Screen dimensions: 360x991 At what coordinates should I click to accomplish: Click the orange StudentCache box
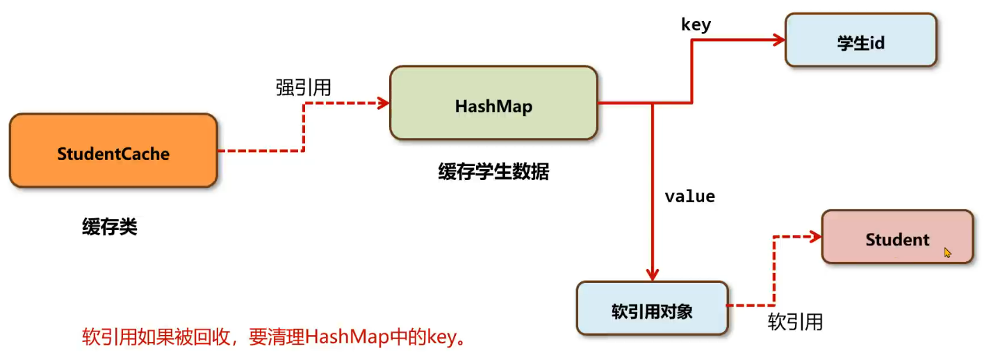pyautogui.click(x=113, y=151)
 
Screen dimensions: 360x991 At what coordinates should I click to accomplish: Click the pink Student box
pyautogui.click(x=896, y=237)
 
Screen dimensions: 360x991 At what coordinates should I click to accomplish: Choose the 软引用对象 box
pyautogui.click(x=652, y=308)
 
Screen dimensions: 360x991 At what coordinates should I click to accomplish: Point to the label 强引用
pyautogui.click(x=303, y=88)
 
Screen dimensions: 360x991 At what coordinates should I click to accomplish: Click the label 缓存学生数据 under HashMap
pyautogui.click(x=493, y=172)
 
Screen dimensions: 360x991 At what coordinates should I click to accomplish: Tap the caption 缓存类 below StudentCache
pyautogui.click(x=110, y=227)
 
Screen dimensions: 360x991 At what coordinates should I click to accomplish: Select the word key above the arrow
pyautogui.click(x=695, y=25)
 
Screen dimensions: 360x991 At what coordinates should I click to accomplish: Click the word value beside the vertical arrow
pyautogui.click(x=689, y=197)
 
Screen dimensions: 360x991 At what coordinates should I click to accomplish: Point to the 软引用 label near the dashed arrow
pyautogui.click(x=795, y=322)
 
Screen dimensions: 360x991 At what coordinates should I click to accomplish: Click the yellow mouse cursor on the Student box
pyautogui.click(x=948, y=253)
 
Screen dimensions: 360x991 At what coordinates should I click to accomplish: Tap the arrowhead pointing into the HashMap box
pyautogui.click(x=382, y=104)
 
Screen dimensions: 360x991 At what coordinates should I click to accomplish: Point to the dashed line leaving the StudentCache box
pyautogui.click(x=261, y=150)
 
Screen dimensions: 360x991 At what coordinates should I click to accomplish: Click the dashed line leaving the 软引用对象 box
pyautogui.click(x=751, y=305)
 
